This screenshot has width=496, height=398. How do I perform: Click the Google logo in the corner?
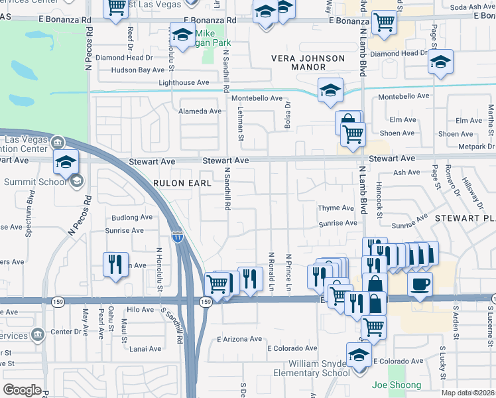22,389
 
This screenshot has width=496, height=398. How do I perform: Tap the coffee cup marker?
420,285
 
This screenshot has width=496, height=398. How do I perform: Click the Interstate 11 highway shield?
178,235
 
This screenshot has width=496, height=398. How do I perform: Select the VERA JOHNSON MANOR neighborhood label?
308,63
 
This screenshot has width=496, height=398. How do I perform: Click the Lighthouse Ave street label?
184,83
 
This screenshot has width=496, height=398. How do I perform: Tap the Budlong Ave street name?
132,217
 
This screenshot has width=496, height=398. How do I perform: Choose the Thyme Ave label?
336,208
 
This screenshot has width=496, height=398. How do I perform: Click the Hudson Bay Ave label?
137,70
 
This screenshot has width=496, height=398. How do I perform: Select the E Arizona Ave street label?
239,339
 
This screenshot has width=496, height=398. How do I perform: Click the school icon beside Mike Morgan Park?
182,34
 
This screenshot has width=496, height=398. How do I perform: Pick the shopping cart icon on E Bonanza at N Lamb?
384,21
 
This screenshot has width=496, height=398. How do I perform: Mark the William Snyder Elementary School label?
318,368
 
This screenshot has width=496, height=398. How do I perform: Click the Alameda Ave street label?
200,111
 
